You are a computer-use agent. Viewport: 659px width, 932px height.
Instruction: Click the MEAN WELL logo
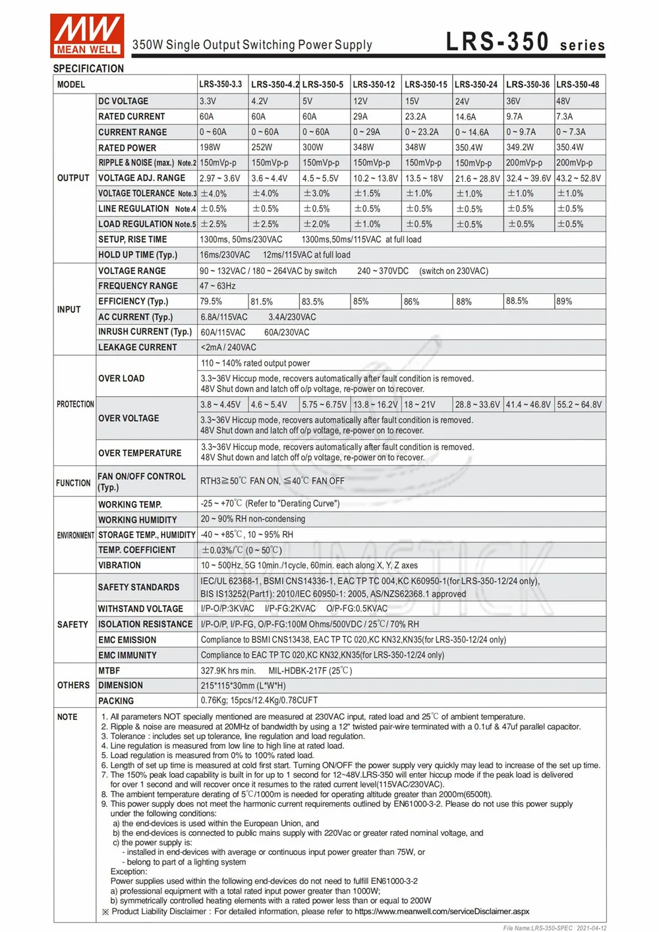pos(87,34)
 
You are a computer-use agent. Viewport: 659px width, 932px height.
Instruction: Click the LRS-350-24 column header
pos(476,84)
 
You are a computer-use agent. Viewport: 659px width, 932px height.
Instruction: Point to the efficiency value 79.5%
pos(212,301)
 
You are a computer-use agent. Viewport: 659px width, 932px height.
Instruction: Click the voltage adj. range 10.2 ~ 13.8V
pos(376,178)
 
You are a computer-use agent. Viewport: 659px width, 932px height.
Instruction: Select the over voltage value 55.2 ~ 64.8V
pos(579,405)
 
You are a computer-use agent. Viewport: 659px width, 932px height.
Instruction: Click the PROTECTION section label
pos(75,404)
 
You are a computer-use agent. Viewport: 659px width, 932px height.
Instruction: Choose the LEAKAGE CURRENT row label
pos(138,347)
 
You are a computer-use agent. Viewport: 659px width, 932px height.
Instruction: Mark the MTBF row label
pos(109,670)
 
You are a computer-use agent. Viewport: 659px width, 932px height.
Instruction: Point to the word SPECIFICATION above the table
pos(88,69)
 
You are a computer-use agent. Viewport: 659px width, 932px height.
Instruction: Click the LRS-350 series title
pos(525,42)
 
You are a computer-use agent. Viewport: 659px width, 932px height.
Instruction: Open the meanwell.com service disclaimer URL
pos(442,912)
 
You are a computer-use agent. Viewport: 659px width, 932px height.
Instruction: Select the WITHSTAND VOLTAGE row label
pos(140,609)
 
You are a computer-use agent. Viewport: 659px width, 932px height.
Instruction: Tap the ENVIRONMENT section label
pos(75,535)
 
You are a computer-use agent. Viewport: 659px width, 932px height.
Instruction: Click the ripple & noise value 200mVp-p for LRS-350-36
pos(524,163)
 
